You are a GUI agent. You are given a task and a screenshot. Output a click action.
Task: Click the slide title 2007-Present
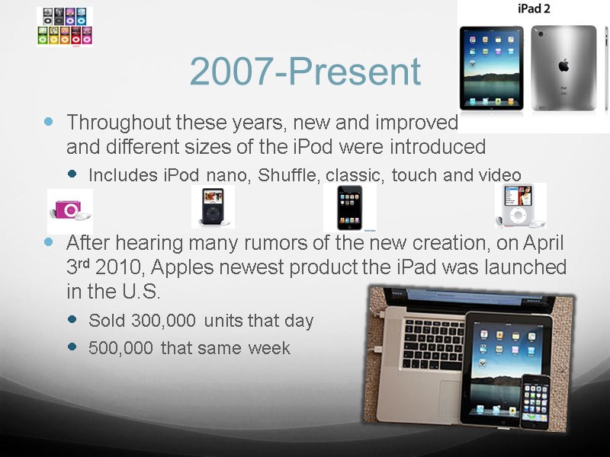click(305, 72)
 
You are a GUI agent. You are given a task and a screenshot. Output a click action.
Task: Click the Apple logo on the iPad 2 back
click(563, 66)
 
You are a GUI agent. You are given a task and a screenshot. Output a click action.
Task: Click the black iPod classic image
click(213, 207)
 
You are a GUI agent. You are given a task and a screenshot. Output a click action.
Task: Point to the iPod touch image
click(350, 207)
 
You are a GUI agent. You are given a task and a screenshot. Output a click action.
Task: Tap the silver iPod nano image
click(520, 206)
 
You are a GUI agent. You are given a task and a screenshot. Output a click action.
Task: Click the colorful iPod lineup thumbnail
click(65, 27)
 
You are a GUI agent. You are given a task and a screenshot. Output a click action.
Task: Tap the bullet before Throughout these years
click(50, 122)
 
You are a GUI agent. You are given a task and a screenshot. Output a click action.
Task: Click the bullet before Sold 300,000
click(72, 320)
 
